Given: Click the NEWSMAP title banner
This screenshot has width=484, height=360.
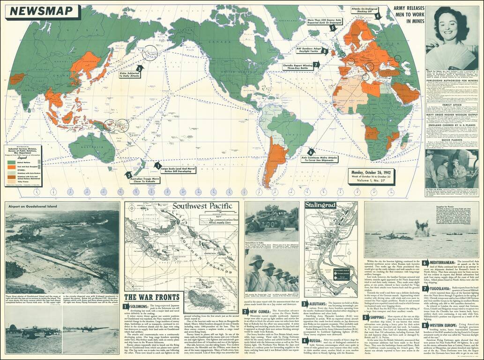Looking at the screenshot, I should coord(43,12).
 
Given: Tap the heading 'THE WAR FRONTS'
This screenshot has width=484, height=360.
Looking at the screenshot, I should coord(152,297).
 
